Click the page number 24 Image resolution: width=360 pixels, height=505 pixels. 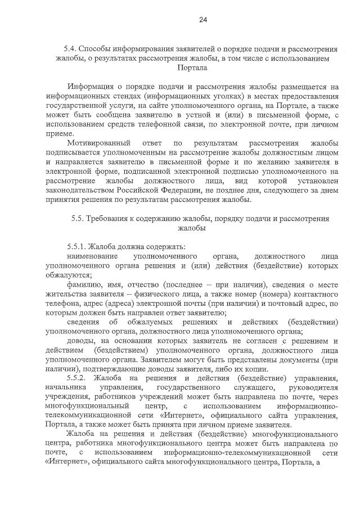203,20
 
